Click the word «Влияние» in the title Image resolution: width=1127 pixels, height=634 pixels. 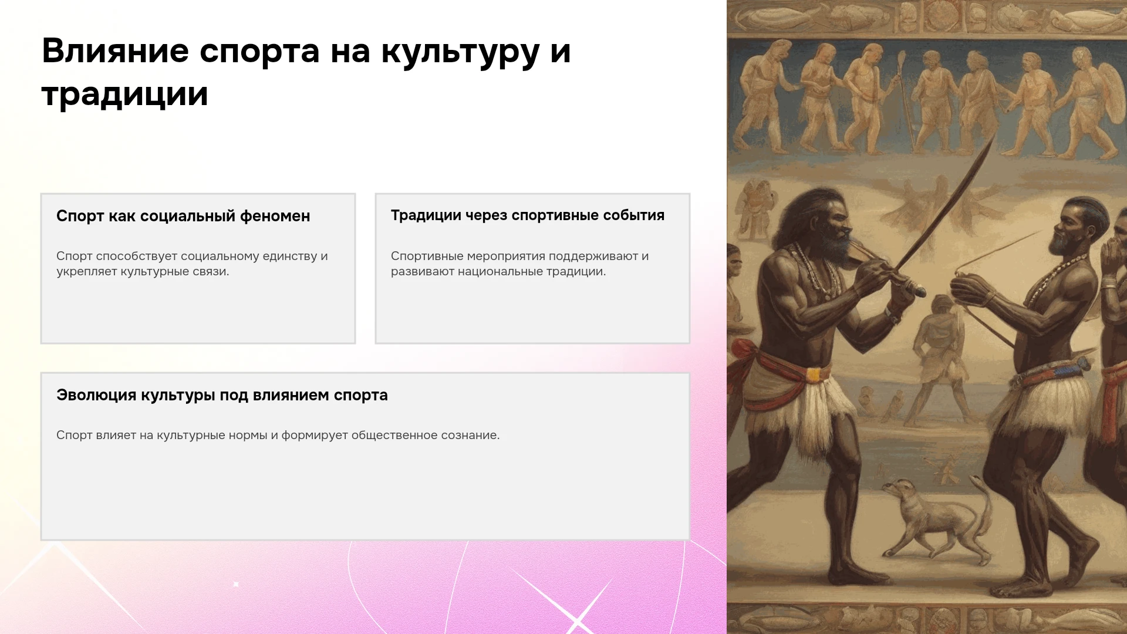pyautogui.click(x=115, y=50)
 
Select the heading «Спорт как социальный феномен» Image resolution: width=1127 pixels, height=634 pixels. pyautogui.click(x=183, y=216)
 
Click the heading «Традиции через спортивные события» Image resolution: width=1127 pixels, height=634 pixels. pyautogui.click(x=528, y=215)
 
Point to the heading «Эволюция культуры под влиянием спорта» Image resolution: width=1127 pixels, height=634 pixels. pyautogui.click(x=222, y=395)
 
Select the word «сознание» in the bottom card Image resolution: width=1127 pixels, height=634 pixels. pyautogui.click(x=473, y=435)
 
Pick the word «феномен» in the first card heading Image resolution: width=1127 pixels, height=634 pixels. pyautogui.click(x=275, y=216)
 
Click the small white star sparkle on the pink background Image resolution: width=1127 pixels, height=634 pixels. pyautogui.click(x=236, y=584)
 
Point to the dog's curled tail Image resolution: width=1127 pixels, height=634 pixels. pyautogui.click(x=980, y=499)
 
